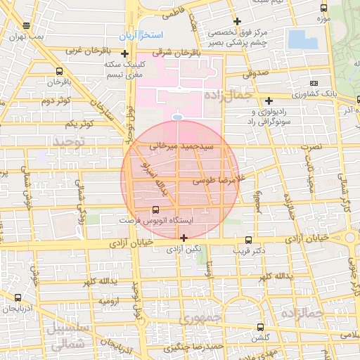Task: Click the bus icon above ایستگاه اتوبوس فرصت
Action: tap(155, 210)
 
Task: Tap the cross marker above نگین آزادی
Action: tap(184, 238)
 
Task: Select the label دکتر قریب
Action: tap(250, 250)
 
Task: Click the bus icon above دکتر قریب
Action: tap(250, 238)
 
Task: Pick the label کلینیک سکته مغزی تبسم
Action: tap(125, 69)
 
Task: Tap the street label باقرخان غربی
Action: tap(84, 51)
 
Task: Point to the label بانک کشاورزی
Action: tap(307, 94)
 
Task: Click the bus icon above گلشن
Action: tap(261, 328)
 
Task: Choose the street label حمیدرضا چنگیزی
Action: tap(193, 347)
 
